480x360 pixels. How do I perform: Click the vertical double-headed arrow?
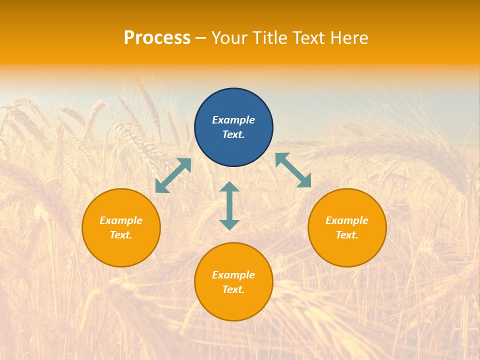point(229,205)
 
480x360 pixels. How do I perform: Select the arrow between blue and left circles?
point(173,175)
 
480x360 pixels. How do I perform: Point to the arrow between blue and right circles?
point(293,170)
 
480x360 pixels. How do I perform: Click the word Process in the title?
point(157,38)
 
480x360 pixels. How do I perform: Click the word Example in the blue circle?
point(233,120)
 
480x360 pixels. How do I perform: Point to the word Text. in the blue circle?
point(233,134)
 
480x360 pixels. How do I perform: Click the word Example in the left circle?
point(121,220)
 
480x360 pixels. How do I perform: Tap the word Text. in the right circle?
point(347,235)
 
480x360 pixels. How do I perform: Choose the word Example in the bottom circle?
point(233,275)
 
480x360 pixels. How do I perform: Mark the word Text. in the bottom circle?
point(233,289)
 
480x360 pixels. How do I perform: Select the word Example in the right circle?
point(347,220)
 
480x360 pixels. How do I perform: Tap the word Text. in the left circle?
point(121,235)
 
